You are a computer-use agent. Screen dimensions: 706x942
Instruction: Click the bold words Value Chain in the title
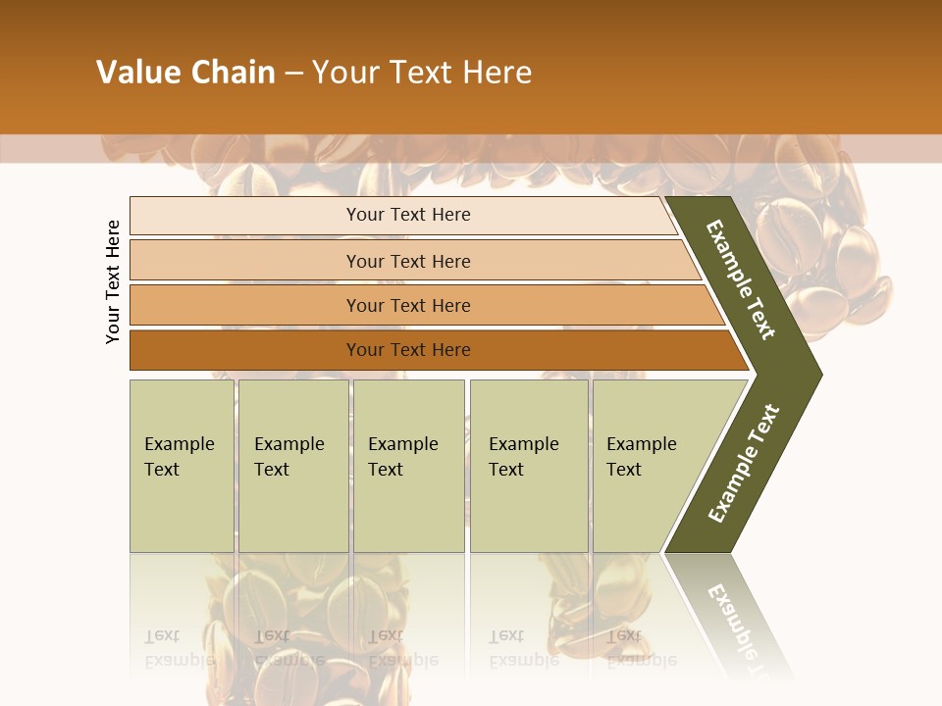pyautogui.click(x=185, y=73)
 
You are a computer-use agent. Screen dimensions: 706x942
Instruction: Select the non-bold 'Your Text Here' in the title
pyautogui.click(x=422, y=73)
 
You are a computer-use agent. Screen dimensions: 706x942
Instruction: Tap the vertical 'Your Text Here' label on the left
pyautogui.click(x=113, y=281)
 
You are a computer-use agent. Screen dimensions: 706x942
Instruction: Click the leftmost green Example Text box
pyautogui.click(x=182, y=466)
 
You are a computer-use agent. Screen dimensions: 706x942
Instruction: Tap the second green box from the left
pyautogui.click(x=293, y=466)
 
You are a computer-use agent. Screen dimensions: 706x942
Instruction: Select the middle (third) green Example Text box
pyautogui.click(x=408, y=466)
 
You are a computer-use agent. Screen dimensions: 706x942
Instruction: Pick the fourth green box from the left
pyautogui.click(x=529, y=466)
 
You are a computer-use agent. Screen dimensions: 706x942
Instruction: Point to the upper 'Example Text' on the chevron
pyautogui.click(x=741, y=279)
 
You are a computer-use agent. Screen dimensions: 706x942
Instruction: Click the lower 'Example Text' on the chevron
pyautogui.click(x=744, y=463)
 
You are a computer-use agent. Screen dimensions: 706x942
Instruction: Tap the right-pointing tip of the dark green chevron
pyautogui.click(x=814, y=374)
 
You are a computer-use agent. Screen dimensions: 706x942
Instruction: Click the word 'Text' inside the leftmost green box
pyautogui.click(x=162, y=470)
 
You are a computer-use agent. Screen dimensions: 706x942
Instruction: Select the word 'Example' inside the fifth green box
pyautogui.click(x=642, y=444)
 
